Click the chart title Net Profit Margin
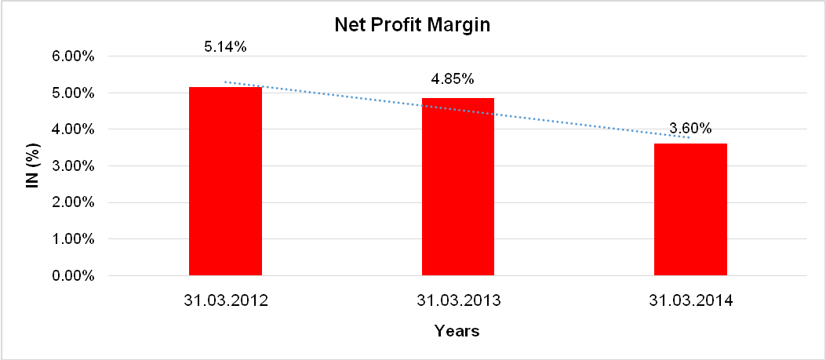413,25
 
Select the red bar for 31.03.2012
225,181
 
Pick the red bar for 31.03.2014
691,209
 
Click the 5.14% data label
225,47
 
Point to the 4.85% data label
452,79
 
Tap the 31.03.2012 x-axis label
225,300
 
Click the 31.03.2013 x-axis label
458,300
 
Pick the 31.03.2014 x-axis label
691,300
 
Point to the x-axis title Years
457,331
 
